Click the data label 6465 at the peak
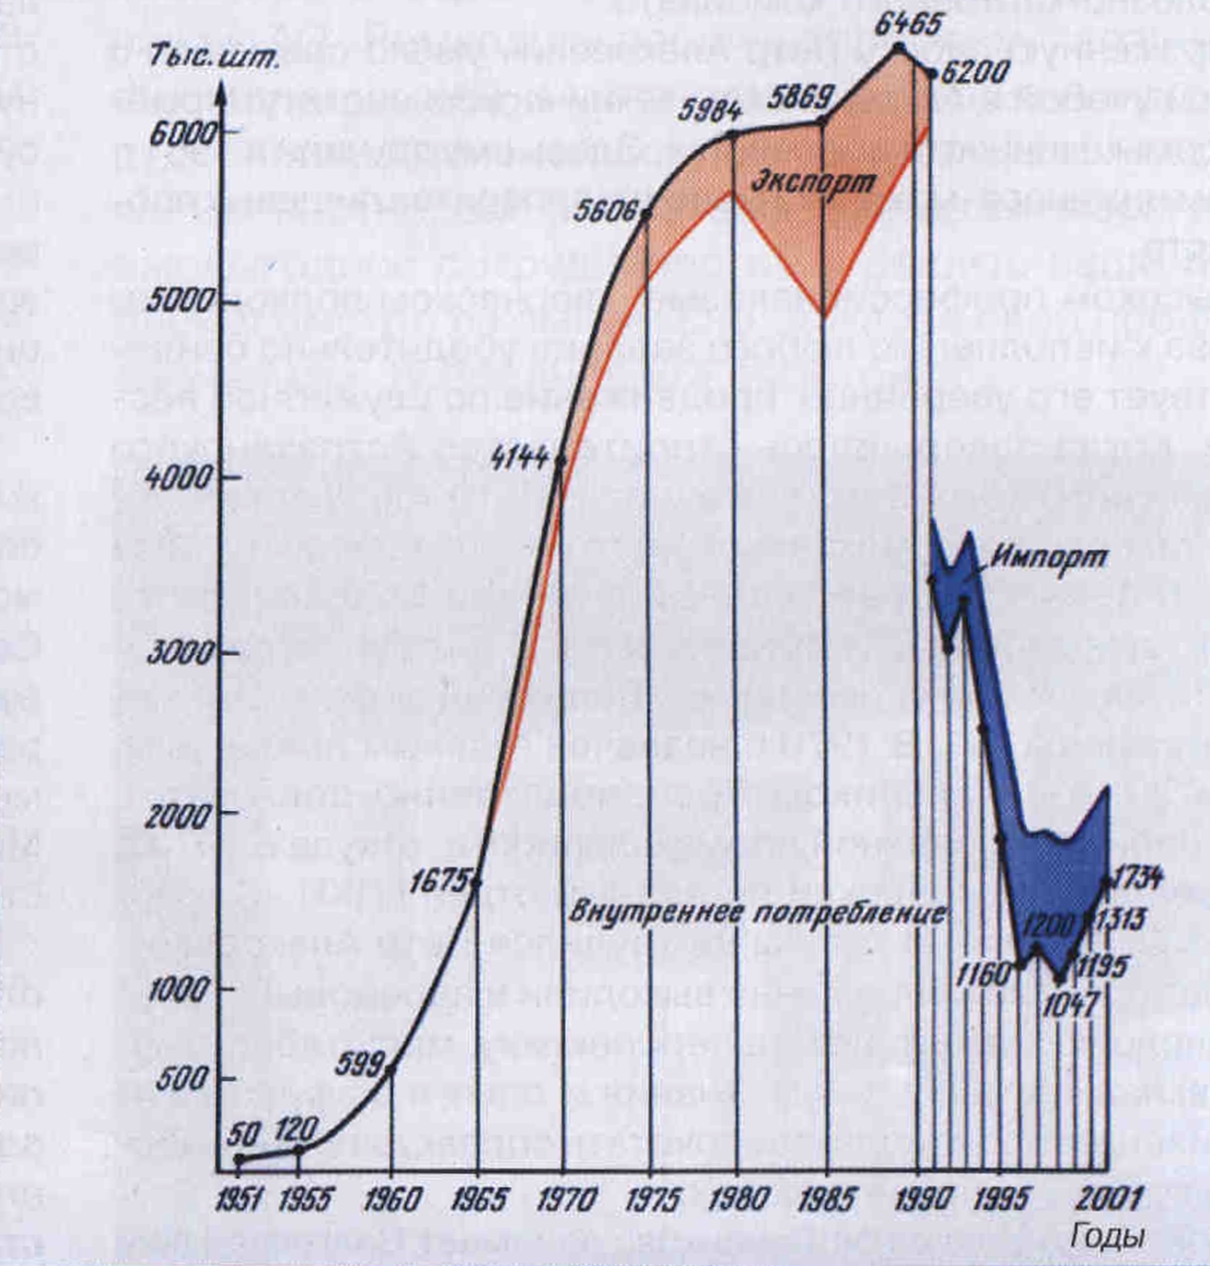coord(907,24)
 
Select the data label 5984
coord(710,111)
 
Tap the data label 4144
coord(520,458)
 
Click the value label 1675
coord(439,882)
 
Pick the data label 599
coord(359,1065)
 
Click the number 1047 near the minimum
coord(1071,1005)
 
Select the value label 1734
coord(1137,877)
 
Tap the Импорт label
coord(1049,556)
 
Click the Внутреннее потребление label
coord(756,912)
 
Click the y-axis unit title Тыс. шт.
coord(214,58)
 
